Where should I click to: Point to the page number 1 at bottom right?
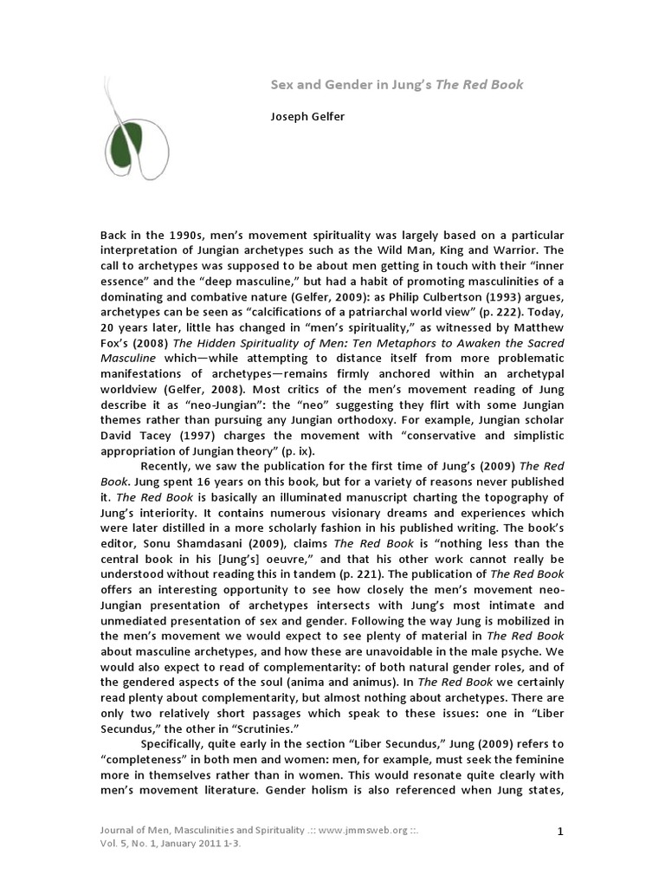point(560,832)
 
